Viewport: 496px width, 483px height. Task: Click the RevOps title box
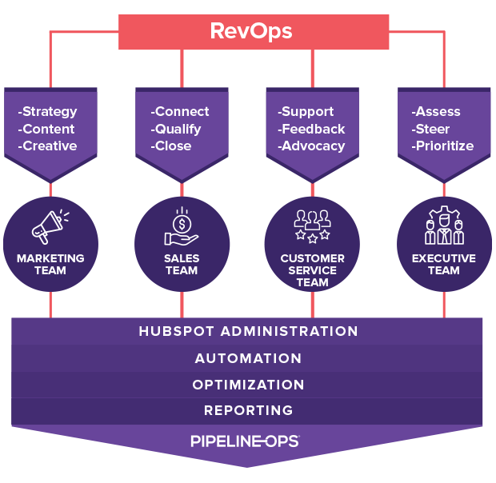point(250,31)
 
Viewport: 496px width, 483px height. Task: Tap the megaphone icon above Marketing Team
point(50,226)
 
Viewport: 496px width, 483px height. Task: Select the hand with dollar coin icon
point(182,226)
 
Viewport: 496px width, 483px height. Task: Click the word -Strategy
point(47,112)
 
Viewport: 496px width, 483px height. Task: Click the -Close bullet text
point(170,146)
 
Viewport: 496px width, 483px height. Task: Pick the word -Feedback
point(311,129)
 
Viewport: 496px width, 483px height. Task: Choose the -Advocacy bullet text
point(311,146)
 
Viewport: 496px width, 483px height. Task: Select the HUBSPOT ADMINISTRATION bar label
point(248,331)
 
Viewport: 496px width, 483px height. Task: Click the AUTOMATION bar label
point(248,358)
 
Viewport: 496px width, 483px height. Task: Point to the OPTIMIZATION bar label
point(248,385)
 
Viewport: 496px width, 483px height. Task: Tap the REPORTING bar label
point(248,410)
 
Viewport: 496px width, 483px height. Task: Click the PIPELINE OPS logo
point(245,441)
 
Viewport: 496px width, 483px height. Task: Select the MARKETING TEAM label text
point(50,265)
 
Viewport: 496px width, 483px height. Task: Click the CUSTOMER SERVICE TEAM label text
point(312,270)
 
